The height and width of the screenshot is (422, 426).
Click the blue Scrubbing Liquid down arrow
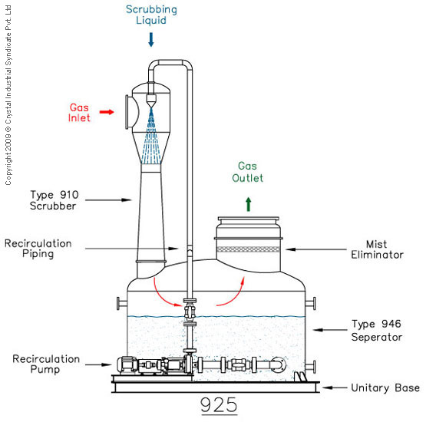click(x=151, y=40)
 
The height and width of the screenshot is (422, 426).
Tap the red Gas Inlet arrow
click(x=107, y=112)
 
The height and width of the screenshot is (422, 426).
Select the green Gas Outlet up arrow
click(x=249, y=204)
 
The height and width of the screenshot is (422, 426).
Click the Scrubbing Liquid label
click(x=151, y=15)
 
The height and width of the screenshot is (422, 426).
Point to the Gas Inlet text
click(x=79, y=113)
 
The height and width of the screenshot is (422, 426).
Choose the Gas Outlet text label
click(x=247, y=172)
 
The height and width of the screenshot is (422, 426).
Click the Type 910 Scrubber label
click(x=54, y=200)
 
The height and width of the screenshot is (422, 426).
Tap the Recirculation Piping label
click(x=38, y=249)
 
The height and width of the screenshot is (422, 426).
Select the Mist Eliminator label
click(x=377, y=249)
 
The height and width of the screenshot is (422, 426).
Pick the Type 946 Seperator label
click(x=377, y=330)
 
